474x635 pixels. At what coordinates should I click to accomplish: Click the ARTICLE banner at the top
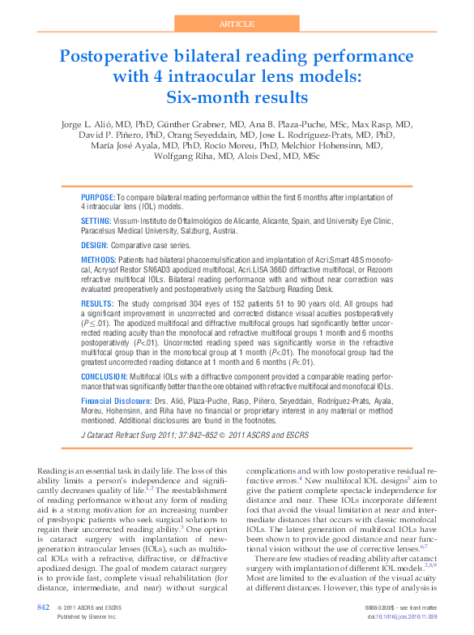[x=237, y=24]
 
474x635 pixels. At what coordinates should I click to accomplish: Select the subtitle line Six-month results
[x=237, y=98]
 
